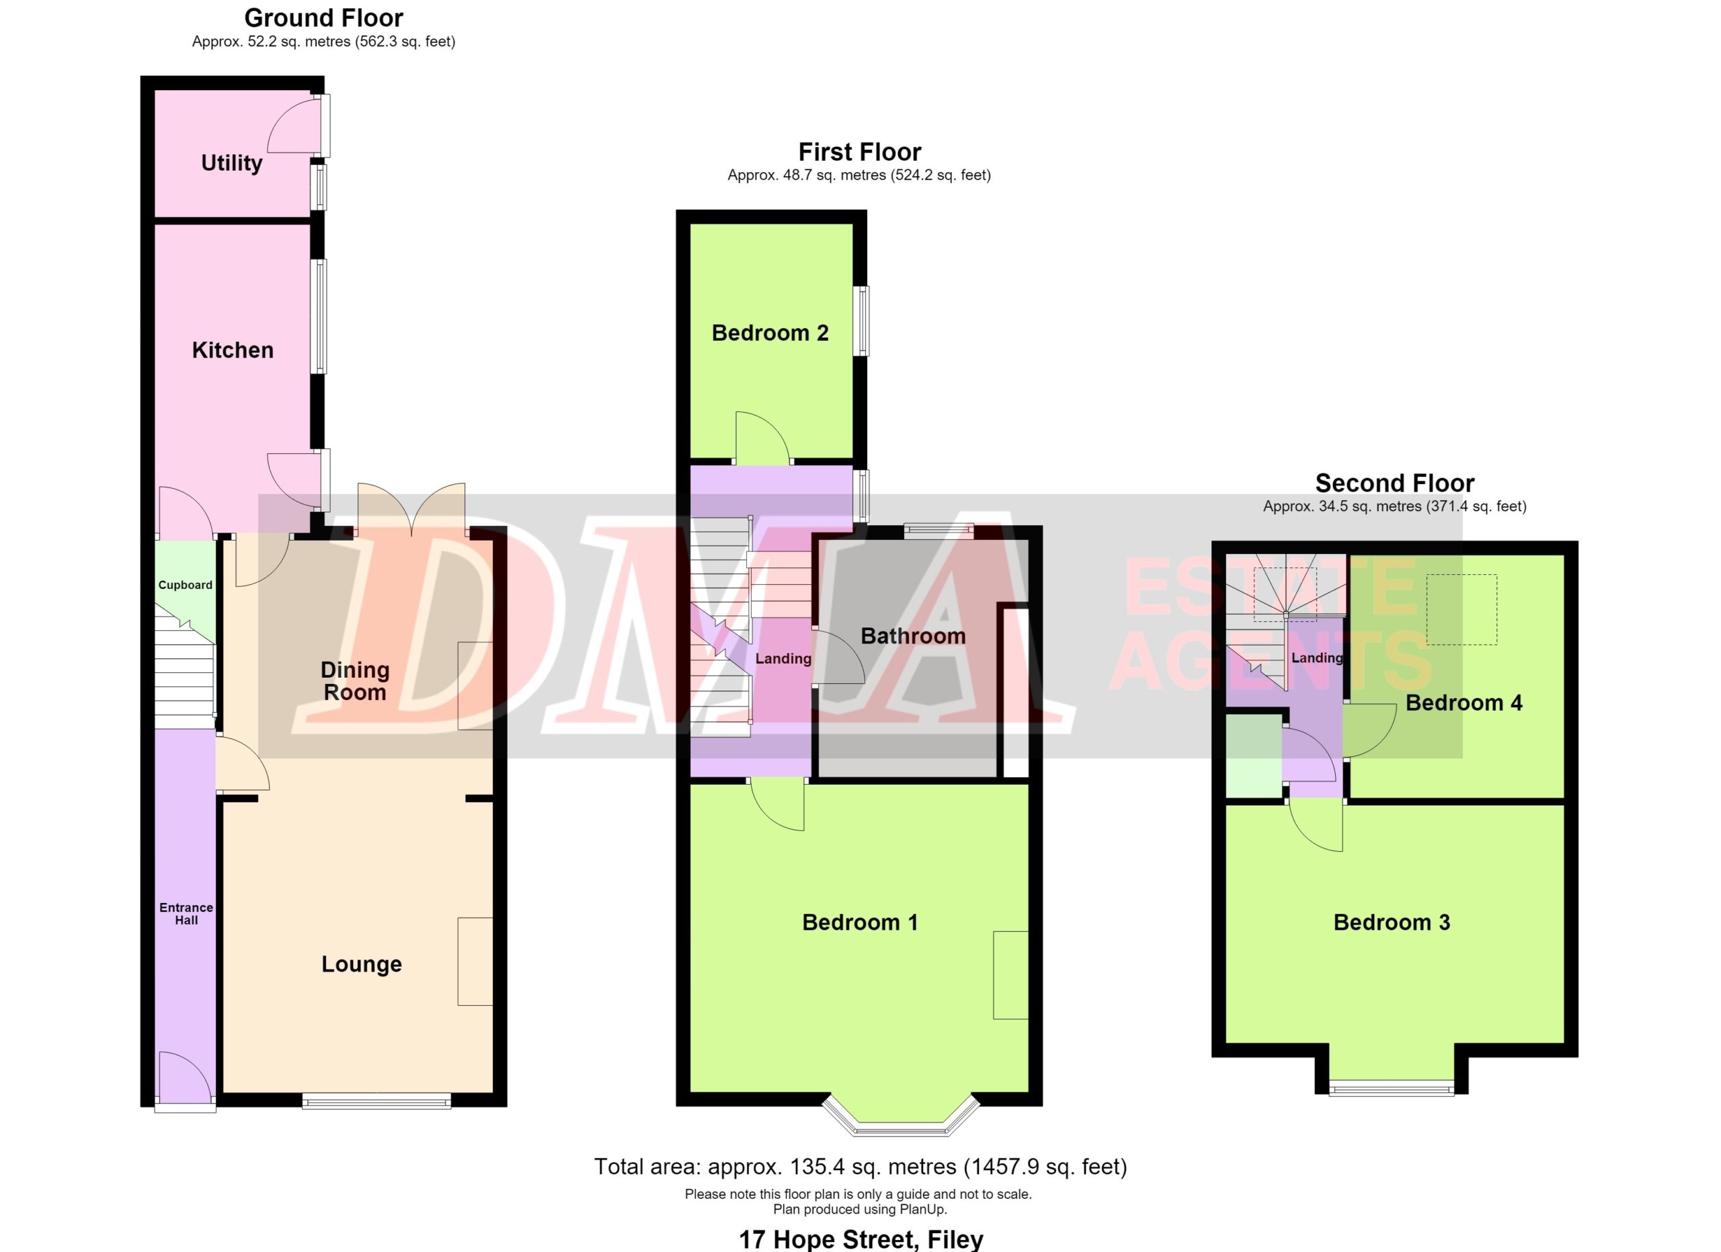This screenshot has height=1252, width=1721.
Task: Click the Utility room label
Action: coord(231,163)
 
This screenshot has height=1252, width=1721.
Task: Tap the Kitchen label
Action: coord(232,350)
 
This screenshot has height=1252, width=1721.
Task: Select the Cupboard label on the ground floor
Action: coord(185,585)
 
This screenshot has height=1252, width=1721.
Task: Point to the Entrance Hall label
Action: coord(186,914)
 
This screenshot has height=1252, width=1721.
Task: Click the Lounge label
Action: coord(361,964)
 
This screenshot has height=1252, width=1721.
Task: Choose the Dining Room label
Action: coord(354,680)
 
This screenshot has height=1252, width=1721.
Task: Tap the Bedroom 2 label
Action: coord(770,332)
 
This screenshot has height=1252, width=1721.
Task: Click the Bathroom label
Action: coord(913,636)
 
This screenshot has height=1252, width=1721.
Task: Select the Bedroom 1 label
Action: coord(860,922)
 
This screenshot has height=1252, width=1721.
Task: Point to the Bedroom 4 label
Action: coord(1464,703)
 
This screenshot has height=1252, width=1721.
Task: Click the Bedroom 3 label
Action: coord(1392,922)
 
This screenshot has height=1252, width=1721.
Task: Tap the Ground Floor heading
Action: coord(323,17)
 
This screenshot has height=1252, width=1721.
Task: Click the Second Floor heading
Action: coord(1395,483)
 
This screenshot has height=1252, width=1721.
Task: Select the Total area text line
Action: coord(860,1166)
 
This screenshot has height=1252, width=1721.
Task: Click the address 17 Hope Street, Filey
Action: coord(860,1240)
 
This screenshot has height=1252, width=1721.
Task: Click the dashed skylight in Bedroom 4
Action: coord(1462,609)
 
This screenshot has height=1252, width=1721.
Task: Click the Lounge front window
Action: coord(376,1101)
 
